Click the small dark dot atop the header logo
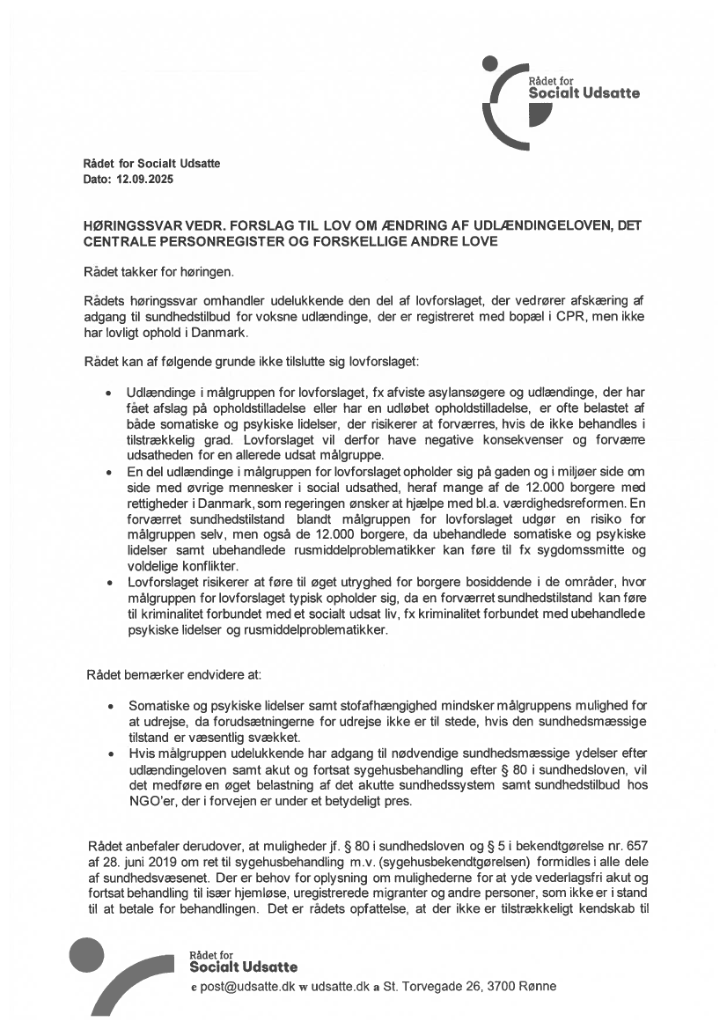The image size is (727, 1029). point(491,62)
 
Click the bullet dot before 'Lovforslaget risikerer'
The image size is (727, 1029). point(108,584)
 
